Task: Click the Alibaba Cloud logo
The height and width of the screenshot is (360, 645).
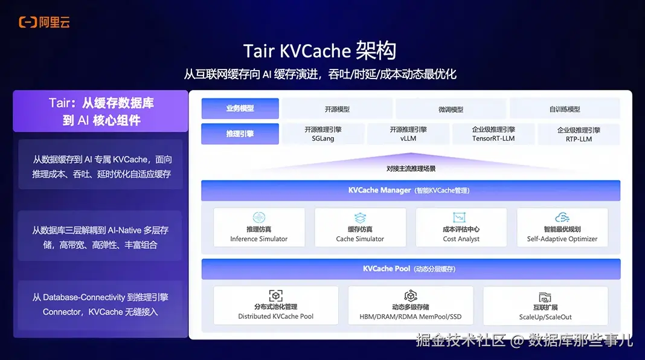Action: [44, 22]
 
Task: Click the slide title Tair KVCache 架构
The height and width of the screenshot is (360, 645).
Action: [320, 51]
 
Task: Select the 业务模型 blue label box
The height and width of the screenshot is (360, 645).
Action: [240, 109]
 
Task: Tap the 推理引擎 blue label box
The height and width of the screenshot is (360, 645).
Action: [240, 133]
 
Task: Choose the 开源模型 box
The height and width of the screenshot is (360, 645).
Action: [337, 109]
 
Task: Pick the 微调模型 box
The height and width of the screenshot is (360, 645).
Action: [451, 109]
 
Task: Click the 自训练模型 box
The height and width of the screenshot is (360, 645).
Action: [565, 109]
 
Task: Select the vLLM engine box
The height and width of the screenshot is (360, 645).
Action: [408, 134]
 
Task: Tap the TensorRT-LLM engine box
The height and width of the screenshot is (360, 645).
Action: [493, 134]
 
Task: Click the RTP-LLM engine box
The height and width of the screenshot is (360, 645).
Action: [578, 134]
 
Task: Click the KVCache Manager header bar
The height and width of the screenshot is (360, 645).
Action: [410, 190]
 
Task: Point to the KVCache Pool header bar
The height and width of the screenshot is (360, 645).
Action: [410, 269]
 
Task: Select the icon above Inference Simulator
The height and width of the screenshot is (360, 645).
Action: [259, 217]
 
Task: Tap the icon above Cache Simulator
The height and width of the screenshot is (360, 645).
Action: [360, 217]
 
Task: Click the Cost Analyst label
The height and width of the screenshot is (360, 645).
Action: [461, 239]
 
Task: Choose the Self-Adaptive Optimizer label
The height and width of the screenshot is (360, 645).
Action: [562, 239]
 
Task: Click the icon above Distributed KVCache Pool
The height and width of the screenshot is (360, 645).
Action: [276, 296]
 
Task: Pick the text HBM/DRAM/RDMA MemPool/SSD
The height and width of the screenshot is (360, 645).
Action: [410, 317]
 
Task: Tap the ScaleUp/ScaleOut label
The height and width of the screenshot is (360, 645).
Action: [545, 317]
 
